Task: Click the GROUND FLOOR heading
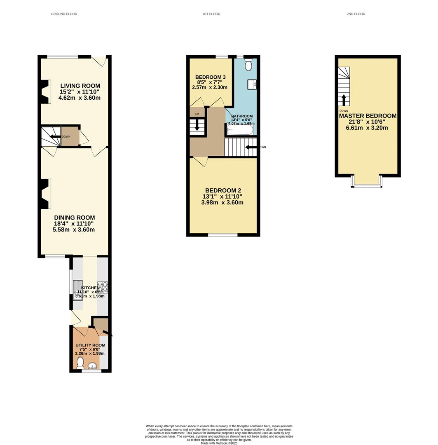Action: pos(64,14)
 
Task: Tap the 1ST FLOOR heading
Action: pos(211,14)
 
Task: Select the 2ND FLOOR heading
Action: pos(356,14)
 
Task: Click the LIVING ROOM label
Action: pos(80,86)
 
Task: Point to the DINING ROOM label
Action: pos(75,218)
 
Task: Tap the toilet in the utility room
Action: pos(80,363)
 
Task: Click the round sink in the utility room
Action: pos(92,365)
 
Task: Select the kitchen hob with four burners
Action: pos(103,287)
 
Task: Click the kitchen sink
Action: pos(78,290)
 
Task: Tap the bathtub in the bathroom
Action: pos(240,130)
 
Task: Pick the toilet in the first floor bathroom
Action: pos(248,65)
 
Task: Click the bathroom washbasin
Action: pos(252,84)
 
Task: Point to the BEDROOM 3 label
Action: pos(210,77)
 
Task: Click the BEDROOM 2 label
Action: pos(223,191)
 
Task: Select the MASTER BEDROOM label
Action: pos(368,116)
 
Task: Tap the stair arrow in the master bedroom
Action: pos(344,100)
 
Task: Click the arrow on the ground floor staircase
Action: pos(55,137)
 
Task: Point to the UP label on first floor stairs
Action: pos(197,115)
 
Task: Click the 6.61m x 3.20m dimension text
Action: pos(367,128)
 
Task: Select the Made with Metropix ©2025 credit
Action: pos(219,443)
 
